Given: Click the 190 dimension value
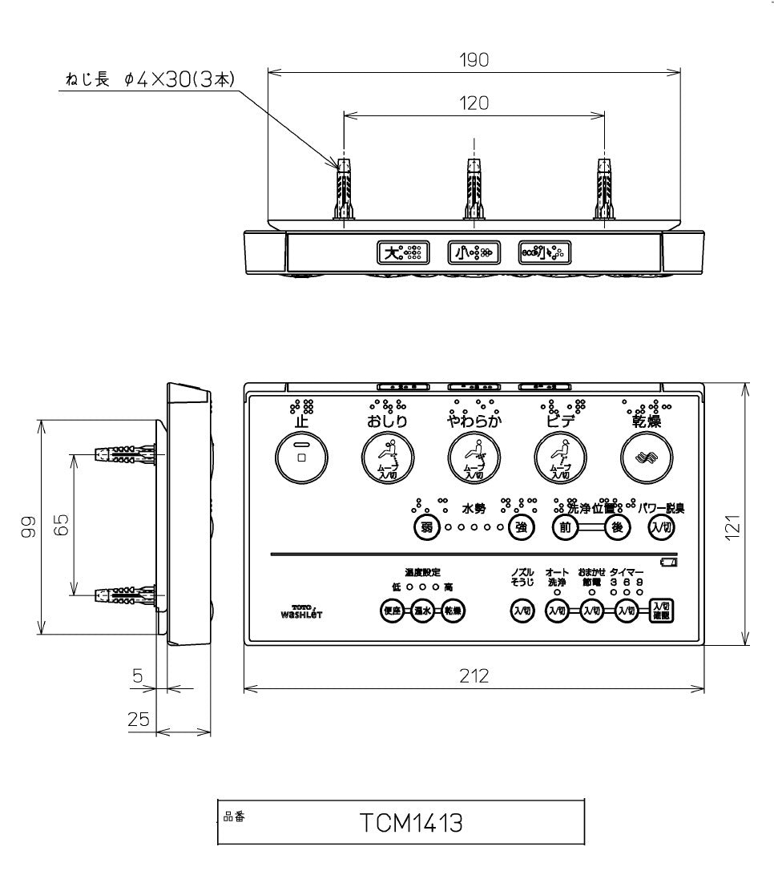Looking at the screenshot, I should click(x=474, y=61).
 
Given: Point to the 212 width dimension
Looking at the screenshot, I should click(x=474, y=675).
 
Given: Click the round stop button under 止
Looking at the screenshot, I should click(x=301, y=458).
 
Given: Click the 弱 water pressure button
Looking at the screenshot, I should click(x=428, y=526).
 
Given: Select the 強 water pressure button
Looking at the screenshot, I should click(x=521, y=526).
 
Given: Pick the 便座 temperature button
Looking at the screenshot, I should click(x=392, y=611).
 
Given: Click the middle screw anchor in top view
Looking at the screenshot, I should click(x=474, y=190).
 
